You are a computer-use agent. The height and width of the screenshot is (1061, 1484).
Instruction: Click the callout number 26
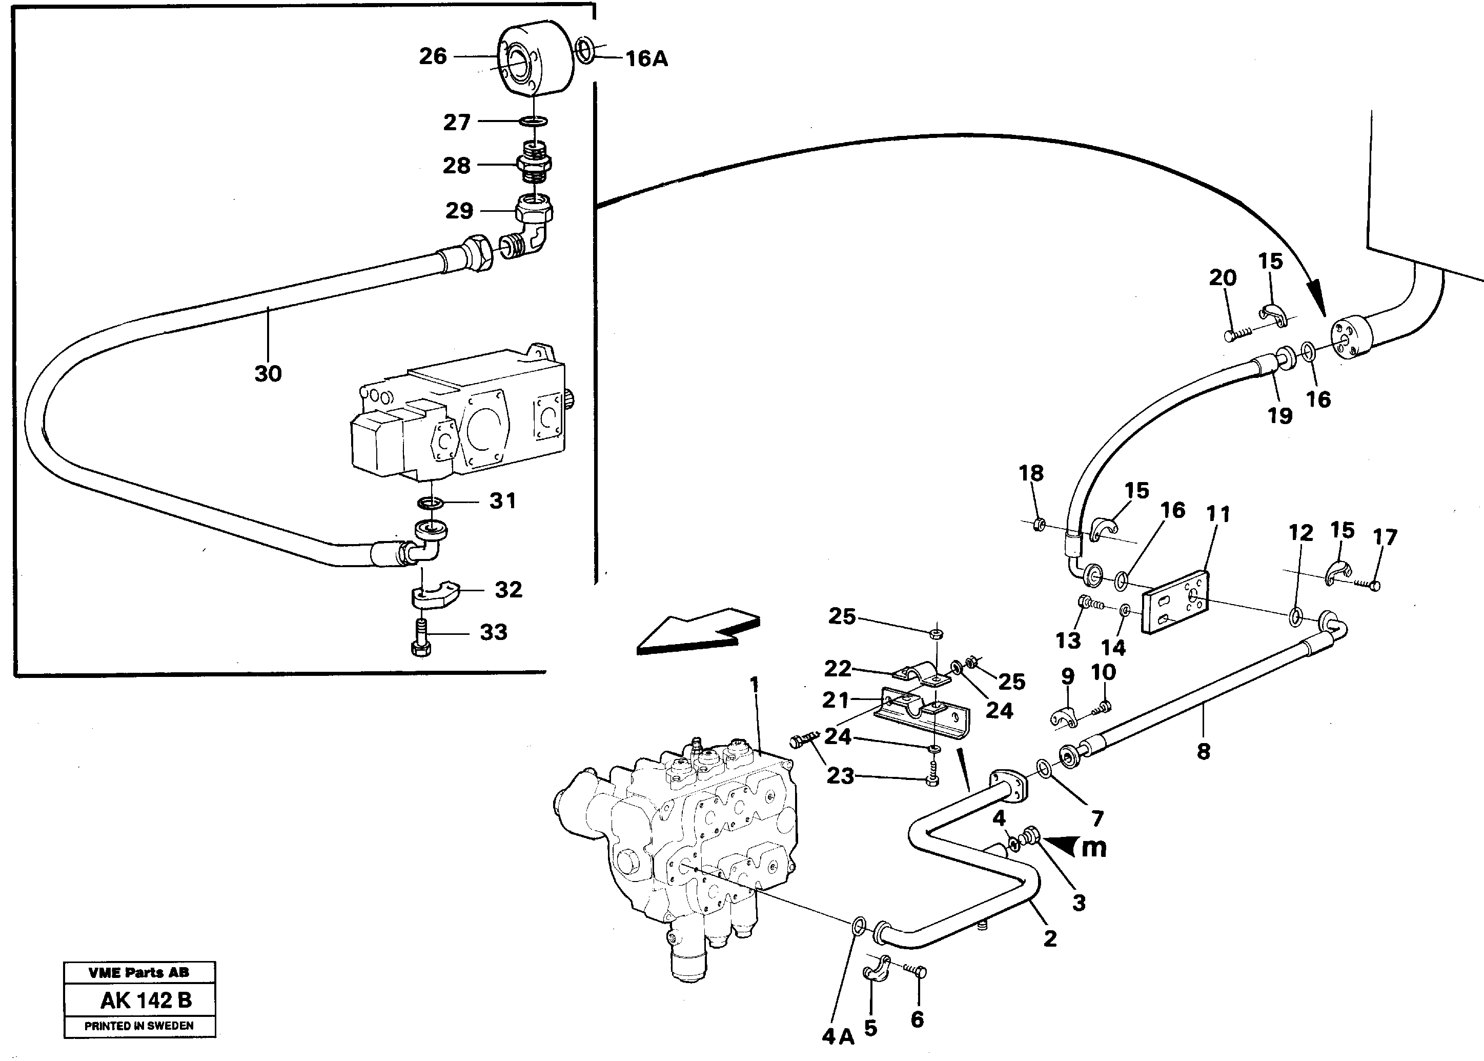[x=433, y=56]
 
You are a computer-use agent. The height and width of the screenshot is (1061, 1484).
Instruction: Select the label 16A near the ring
[x=646, y=59]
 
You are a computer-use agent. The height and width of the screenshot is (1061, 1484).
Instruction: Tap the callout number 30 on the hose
[x=268, y=374]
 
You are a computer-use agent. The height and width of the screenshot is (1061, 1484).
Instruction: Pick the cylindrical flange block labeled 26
[x=535, y=57]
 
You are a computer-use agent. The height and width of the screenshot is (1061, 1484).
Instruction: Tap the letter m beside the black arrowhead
[x=1094, y=848]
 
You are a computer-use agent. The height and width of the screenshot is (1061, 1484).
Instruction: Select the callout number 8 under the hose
[x=1203, y=751]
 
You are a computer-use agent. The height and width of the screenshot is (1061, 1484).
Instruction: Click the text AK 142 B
[x=146, y=1000]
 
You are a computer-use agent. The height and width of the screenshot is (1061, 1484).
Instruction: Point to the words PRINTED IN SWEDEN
[x=139, y=1026]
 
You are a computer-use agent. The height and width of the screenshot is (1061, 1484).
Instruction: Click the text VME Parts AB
[x=139, y=972]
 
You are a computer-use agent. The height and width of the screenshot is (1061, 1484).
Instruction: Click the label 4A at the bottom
[x=838, y=1037]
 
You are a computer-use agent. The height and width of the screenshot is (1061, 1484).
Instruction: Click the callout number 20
[x=1222, y=277]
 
